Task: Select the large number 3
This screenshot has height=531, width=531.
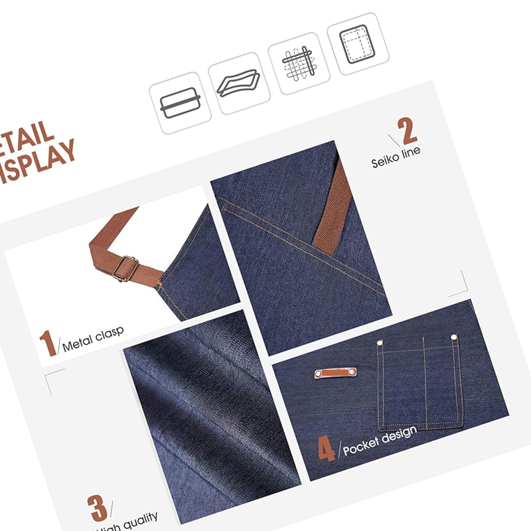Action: pyautogui.click(x=98, y=508)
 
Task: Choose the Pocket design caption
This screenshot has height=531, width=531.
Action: pyautogui.click(x=380, y=439)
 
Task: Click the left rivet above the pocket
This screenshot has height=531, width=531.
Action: pyautogui.click(x=380, y=343)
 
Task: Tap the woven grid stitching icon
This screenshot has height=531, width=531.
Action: pyautogui.click(x=299, y=63)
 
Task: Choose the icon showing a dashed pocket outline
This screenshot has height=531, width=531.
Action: pyautogui.click(x=362, y=43)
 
